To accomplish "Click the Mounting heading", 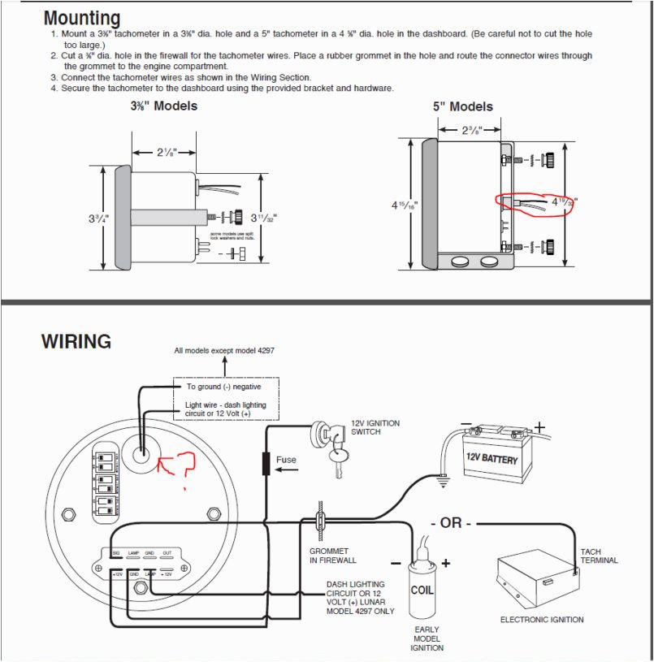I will pyautogui.click(x=81, y=18).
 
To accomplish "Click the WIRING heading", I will pyautogui.click(x=76, y=342).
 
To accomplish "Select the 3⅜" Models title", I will pyautogui.click(x=163, y=106).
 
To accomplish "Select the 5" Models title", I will pyautogui.click(x=462, y=106).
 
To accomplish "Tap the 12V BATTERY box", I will pyautogui.click(x=491, y=457).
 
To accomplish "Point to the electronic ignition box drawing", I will pyautogui.click(x=538, y=580).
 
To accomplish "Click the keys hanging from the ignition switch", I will pyautogui.click(x=338, y=464).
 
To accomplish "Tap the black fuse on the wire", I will pyautogui.click(x=265, y=463).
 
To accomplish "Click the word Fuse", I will pyautogui.click(x=287, y=460).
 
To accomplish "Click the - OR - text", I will pyautogui.click(x=456, y=522).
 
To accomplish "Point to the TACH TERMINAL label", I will pyautogui.click(x=599, y=556).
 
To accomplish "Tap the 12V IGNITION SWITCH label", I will pyautogui.click(x=375, y=427).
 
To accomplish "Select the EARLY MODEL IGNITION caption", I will pyautogui.click(x=427, y=638).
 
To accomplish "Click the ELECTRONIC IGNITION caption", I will pyautogui.click(x=541, y=620).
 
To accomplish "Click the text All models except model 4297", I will pyautogui.click(x=224, y=351).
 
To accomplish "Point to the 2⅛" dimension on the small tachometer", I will pyautogui.click(x=166, y=152).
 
